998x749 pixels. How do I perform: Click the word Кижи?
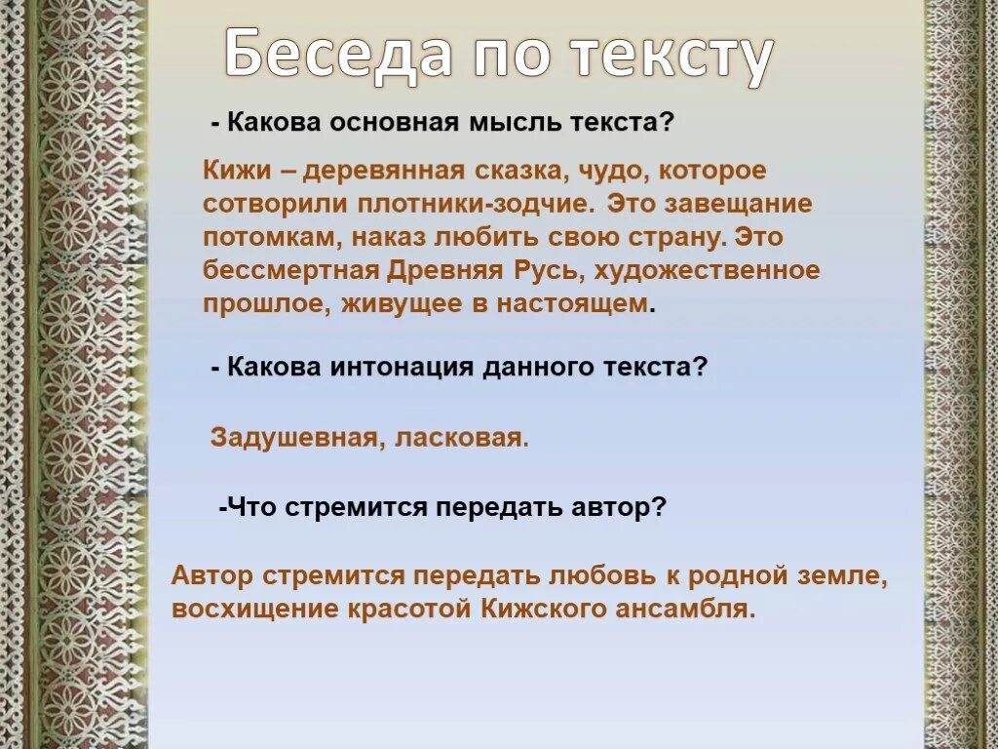click(x=231, y=171)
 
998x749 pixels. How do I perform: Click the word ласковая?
click(x=461, y=438)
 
